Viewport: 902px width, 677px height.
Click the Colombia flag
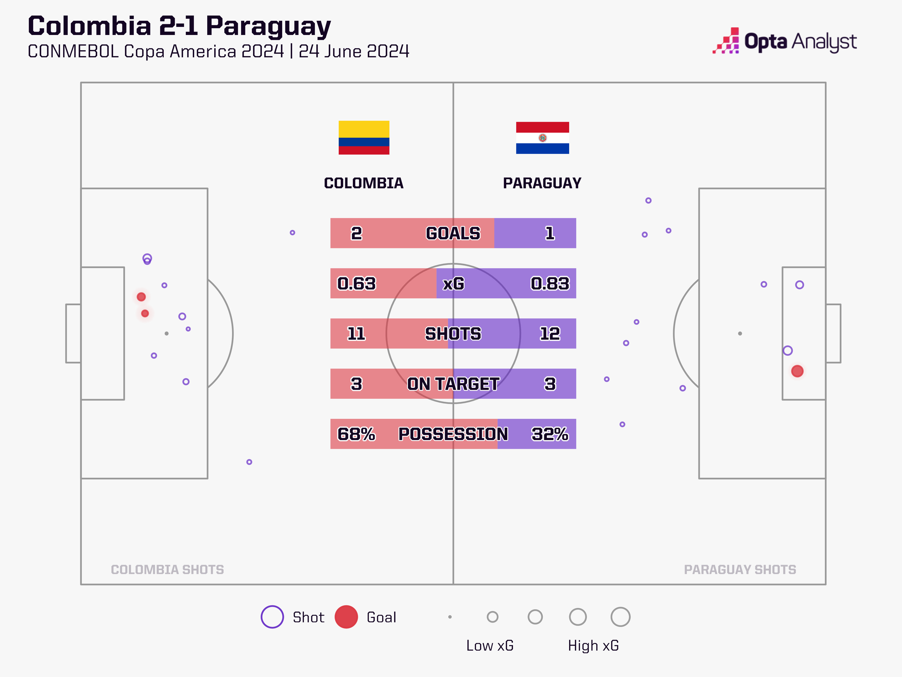click(364, 137)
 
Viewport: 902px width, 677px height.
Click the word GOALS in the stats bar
click(453, 233)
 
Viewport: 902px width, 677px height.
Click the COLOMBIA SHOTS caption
click(167, 570)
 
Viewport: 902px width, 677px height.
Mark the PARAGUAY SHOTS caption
click(740, 570)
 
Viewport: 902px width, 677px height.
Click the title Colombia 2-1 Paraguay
click(179, 26)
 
